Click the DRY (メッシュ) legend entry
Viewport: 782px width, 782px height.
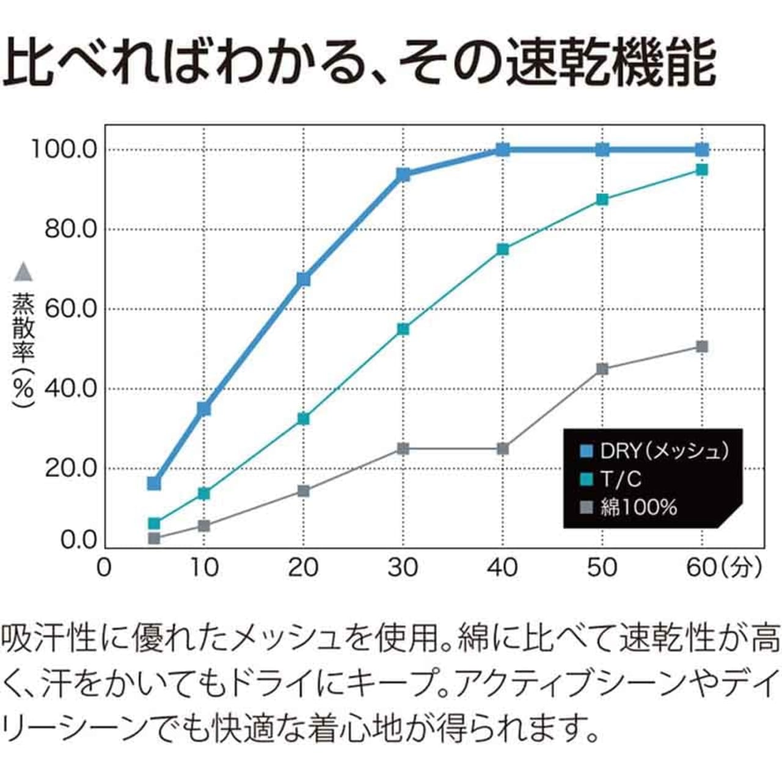point(654,451)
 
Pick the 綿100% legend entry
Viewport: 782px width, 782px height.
point(629,507)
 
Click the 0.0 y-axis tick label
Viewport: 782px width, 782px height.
point(79,541)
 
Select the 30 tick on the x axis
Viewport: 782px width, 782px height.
point(403,568)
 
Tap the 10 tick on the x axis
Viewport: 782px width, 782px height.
point(204,568)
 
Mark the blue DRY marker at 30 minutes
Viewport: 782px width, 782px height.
point(403,175)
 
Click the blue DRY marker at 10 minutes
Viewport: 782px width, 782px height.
point(204,408)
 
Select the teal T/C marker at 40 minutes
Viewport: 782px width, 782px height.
point(503,249)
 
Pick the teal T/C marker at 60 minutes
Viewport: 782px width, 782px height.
point(702,169)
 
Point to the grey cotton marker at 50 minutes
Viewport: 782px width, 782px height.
point(602,369)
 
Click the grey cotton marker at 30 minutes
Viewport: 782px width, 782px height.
point(403,449)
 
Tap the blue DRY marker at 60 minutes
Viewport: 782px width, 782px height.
point(702,150)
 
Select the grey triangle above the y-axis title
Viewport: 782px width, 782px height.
point(23,272)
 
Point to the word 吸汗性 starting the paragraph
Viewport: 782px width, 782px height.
point(49,640)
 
